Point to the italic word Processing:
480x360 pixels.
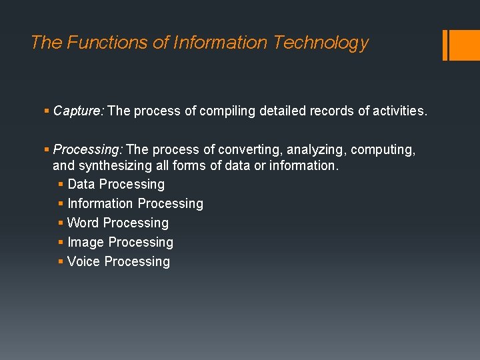click(88, 150)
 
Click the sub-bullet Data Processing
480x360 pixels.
click(116, 184)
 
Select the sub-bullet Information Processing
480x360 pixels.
click(135, 203)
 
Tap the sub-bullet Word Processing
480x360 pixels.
click(118, 223)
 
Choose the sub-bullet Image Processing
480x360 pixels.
click(120, 242)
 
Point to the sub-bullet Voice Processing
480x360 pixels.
click(119, 261)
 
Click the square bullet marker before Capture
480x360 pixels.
click(47, 111)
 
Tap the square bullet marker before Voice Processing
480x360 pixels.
click(61, 262)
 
